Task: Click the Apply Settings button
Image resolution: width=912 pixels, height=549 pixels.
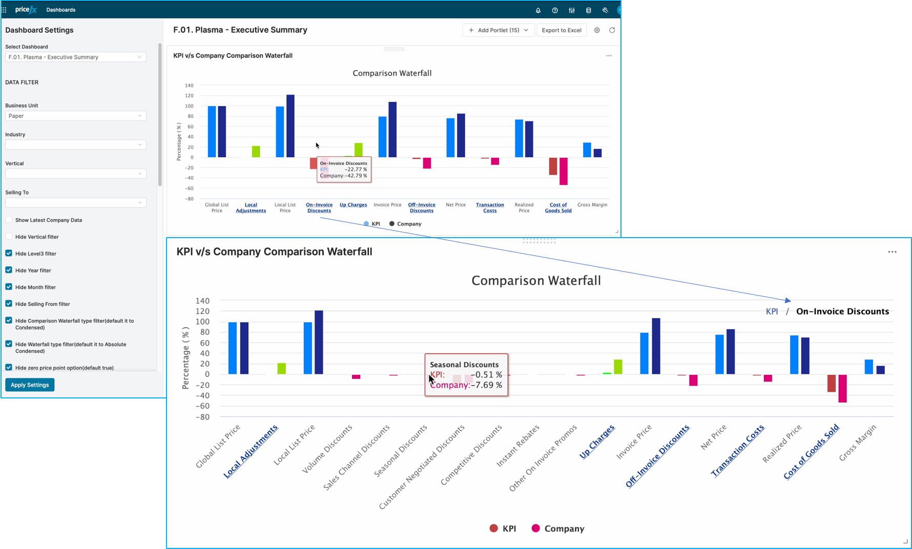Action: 30,385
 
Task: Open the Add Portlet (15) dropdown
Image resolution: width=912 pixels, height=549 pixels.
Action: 498,30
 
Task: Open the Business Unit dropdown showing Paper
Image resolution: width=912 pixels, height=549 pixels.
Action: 75,116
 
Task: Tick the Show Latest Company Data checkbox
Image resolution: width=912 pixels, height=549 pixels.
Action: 9,220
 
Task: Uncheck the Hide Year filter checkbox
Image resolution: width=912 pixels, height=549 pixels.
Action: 9,270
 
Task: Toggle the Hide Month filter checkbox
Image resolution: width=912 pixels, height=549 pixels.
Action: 9,287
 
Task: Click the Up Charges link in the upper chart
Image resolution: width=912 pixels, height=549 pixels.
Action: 353,205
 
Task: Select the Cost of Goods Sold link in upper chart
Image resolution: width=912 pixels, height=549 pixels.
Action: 558,207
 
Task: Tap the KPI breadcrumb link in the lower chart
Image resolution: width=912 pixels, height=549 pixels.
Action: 772,311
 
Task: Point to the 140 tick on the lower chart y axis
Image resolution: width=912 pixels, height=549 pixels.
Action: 202,301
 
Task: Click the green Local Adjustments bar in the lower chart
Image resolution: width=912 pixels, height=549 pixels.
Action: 281,368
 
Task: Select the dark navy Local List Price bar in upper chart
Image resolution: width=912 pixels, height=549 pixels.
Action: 291,126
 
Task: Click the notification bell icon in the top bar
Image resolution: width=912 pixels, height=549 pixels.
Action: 538,10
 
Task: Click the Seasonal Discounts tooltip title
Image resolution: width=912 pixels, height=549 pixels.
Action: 464,365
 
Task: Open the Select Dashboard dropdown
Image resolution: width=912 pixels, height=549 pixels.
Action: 75,57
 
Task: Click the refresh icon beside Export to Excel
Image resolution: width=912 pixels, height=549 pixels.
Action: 612,30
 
